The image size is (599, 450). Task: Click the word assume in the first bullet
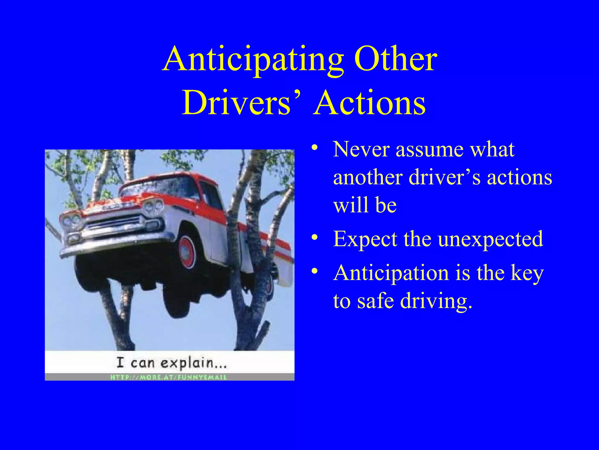pos(429,150)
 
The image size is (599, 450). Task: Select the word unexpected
pos(490,239)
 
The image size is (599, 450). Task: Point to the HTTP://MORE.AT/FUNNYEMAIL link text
pos(168,377)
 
